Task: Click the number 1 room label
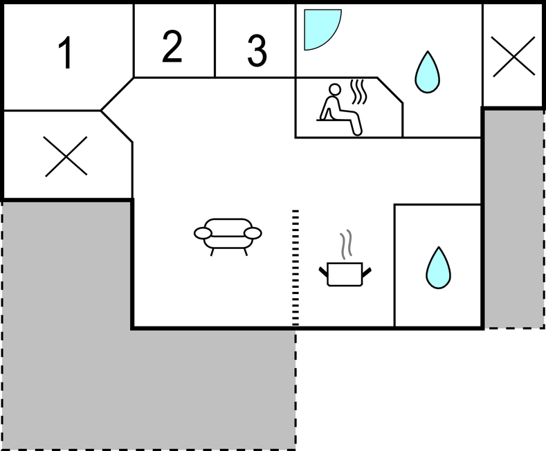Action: coord(66,53)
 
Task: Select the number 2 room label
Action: coord(172,46)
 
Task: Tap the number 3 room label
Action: coord(257,50)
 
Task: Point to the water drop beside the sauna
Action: coord(427,73)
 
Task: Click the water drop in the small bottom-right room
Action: coord(439,268)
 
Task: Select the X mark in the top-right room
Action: coord(513,57)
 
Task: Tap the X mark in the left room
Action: coord(66,156)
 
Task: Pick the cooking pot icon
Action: coord(345,274)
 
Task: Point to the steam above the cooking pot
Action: coord(346,244)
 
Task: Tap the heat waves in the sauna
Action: coord(358,92)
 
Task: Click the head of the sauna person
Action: coord(335,89)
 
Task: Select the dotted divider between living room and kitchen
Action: coord(295,268)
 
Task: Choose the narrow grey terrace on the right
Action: coord(515,219)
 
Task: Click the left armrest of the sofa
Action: coord(203,233)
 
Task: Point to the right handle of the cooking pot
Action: coord(367,272)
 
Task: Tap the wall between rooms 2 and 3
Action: coord(215,40)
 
